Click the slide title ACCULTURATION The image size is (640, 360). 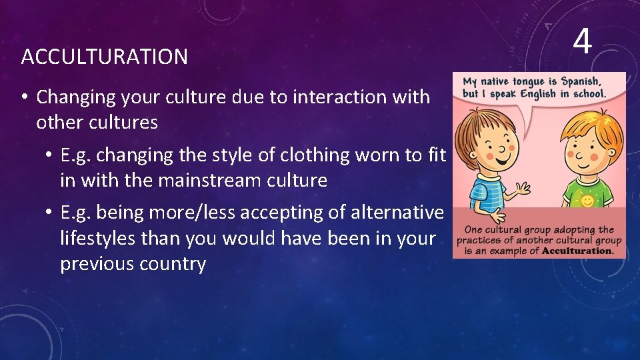[x=104, y=57]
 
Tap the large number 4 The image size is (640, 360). [x=582, y=41]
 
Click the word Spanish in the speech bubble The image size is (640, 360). [x=583, y=82]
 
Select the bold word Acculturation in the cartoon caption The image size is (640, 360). [x=578, y=251]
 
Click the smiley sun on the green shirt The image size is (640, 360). [x=587, y=199]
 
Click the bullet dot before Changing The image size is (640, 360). [x=23, y=97]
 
